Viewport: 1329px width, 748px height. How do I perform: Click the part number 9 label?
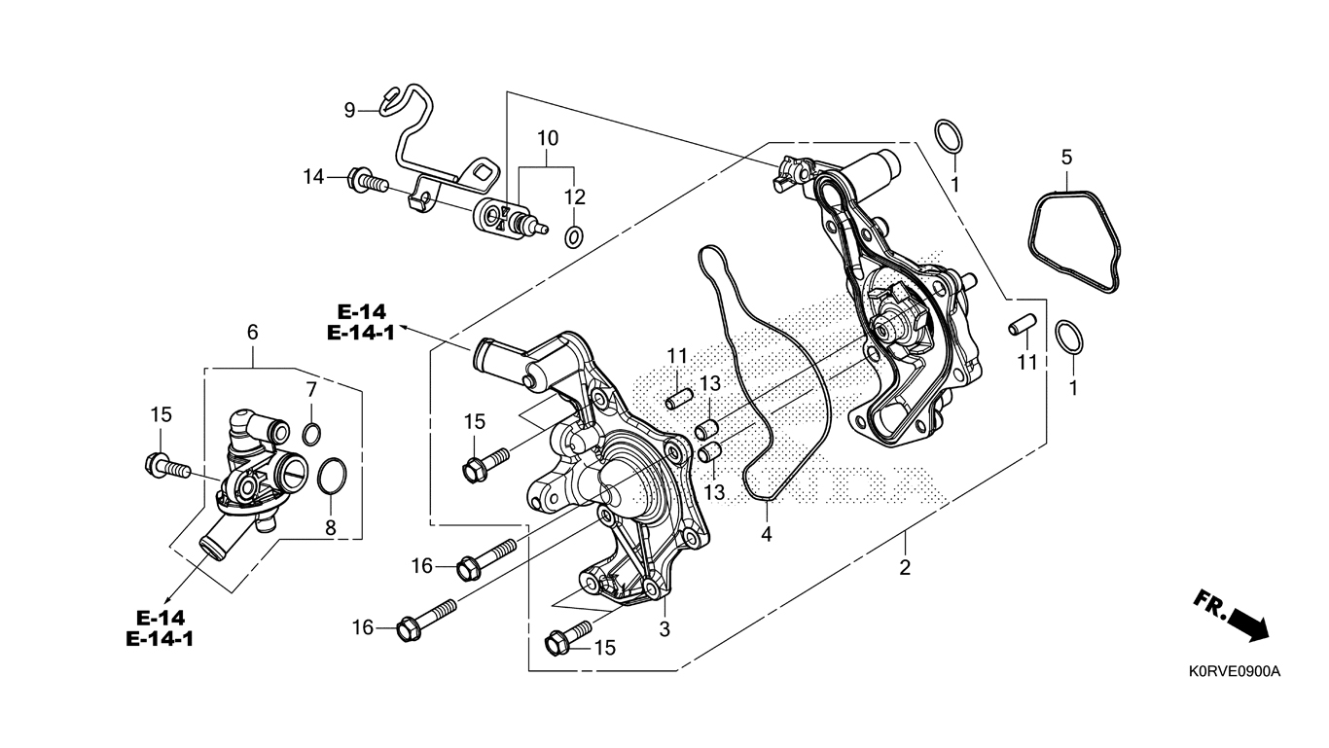tap(349, 110)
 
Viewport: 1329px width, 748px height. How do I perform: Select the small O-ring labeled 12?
tap(574, 234)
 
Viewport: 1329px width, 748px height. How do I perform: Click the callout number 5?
tap(1066, 157)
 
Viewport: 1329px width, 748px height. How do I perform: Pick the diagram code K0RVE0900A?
tap(1234, 672)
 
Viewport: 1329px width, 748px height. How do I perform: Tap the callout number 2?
tap(905, 567)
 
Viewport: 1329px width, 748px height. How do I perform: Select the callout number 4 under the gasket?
tap(767, 534)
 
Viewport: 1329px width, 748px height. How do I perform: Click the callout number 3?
tap(664, 628)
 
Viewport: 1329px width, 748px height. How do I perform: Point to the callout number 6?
tap(253, 332)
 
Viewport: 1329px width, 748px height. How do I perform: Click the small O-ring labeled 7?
tap(311, 433)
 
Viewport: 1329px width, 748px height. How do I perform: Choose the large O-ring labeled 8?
tap(332, 476)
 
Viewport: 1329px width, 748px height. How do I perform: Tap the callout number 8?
tap(331, 528)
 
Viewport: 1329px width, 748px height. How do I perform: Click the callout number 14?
tap(313, 177)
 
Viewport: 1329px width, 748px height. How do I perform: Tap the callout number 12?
tap(575, 197)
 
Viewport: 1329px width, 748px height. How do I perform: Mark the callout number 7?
tap(311, 390)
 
